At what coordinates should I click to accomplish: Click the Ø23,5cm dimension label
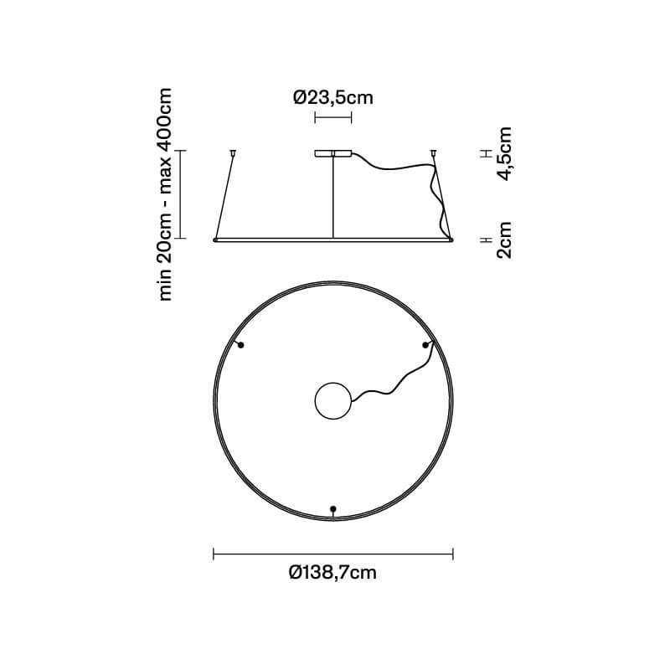[332, 97]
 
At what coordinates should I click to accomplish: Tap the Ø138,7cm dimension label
[332, 572]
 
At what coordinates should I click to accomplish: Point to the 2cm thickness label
[505, 240]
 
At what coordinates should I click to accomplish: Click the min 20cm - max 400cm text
[165, 194]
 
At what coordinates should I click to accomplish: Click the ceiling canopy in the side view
[332, 153]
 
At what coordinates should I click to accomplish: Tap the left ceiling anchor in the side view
[233, 152]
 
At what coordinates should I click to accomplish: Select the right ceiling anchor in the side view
[433, 152]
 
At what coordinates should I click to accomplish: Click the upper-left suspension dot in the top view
[240, 345]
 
